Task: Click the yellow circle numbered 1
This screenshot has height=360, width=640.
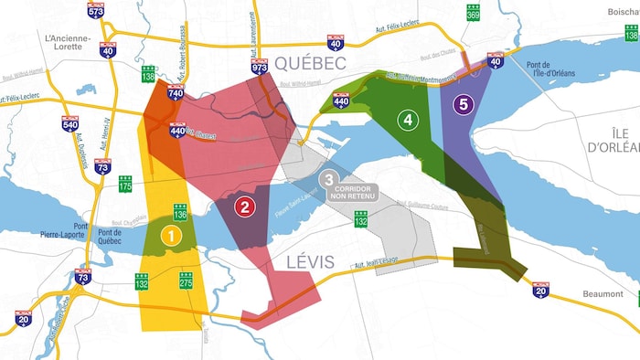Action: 170,235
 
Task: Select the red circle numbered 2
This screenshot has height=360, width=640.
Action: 244,206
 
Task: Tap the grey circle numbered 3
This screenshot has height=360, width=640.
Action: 329,179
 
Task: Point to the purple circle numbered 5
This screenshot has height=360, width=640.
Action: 464,104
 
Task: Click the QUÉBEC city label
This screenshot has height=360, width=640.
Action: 310,63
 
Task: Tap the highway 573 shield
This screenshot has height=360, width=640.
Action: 96,10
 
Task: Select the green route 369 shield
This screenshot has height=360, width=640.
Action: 473,12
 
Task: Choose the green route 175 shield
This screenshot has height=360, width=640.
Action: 125,186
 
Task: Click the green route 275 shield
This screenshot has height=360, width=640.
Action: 186,281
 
